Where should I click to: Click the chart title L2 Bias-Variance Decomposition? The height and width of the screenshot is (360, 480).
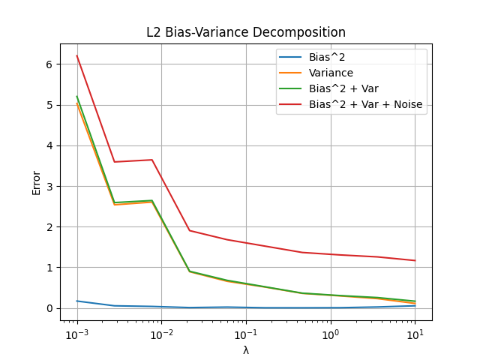(x=246, y=33)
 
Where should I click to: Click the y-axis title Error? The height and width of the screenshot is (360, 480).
(x=37, y=182)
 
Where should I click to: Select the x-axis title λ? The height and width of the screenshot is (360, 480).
(x=246, y=350)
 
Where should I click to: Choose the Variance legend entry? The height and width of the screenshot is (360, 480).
(x=331, y=73)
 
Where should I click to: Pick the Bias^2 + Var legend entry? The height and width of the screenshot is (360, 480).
(x=343, y=88)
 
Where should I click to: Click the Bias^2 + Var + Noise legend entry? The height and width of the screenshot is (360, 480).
(x=365, y=104)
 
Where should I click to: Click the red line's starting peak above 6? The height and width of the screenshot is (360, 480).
(x=77, y=56)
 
